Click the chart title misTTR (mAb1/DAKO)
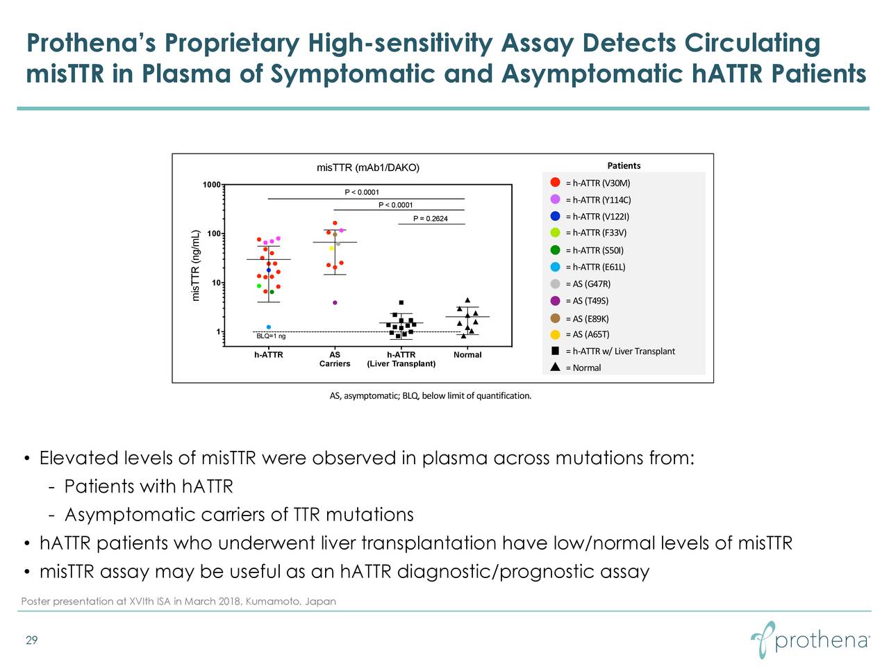tap(368, 167)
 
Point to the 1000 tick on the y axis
tap(211, 185)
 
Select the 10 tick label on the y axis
tap(215, 283)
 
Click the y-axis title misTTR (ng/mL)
tap(196, 265)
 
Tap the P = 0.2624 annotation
tap(431, 220)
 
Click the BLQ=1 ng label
tap(271, 337)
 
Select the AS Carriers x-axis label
tap(335, 359)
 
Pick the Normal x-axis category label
tap(467, 355)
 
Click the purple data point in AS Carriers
tap(335, 303)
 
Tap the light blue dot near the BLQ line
tap(269, 327)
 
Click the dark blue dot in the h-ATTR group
tap(269, 270)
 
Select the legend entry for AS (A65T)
tap(587, 335)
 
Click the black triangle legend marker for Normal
tap(556, 368)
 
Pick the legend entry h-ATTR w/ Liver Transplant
tap(620, 352)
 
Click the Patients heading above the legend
tap(624, 165)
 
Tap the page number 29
tap(31, 641)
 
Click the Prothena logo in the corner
tap(810, 637)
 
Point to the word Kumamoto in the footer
tap(273, 601)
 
